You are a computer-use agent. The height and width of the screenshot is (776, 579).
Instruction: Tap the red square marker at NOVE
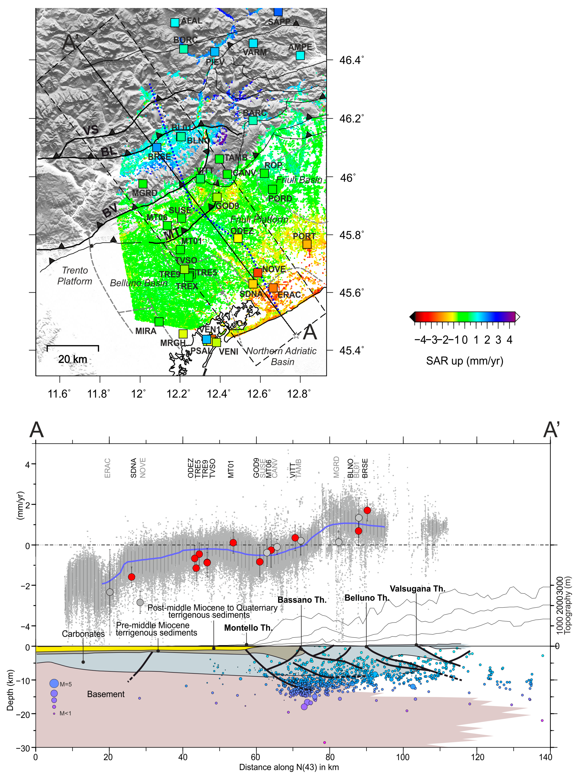click(x=258, y=272)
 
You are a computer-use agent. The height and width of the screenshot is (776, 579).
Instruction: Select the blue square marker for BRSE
click(x=157, y=148)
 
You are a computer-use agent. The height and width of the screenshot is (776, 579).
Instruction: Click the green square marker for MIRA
click(x=159, y=321)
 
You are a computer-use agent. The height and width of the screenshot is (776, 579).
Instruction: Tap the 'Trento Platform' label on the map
click(x=75, y=276)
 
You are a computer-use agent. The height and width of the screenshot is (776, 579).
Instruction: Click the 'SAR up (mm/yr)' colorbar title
click(x=464, y=361)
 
